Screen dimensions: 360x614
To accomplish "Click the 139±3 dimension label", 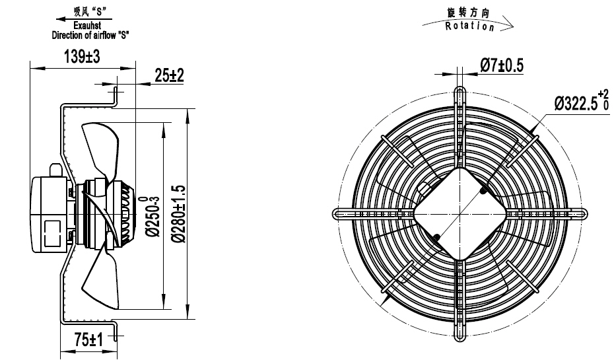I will [81, 57].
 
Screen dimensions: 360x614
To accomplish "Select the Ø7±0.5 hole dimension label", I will [501, 65].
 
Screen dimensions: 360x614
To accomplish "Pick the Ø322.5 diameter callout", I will [580, 102].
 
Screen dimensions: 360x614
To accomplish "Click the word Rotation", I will [469, 26].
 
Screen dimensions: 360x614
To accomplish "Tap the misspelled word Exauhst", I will [89, 25].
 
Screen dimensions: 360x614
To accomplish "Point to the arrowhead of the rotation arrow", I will [508, 28].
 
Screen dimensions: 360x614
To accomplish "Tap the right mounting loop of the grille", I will [584, 214].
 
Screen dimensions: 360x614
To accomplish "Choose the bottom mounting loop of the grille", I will [461, 337].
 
